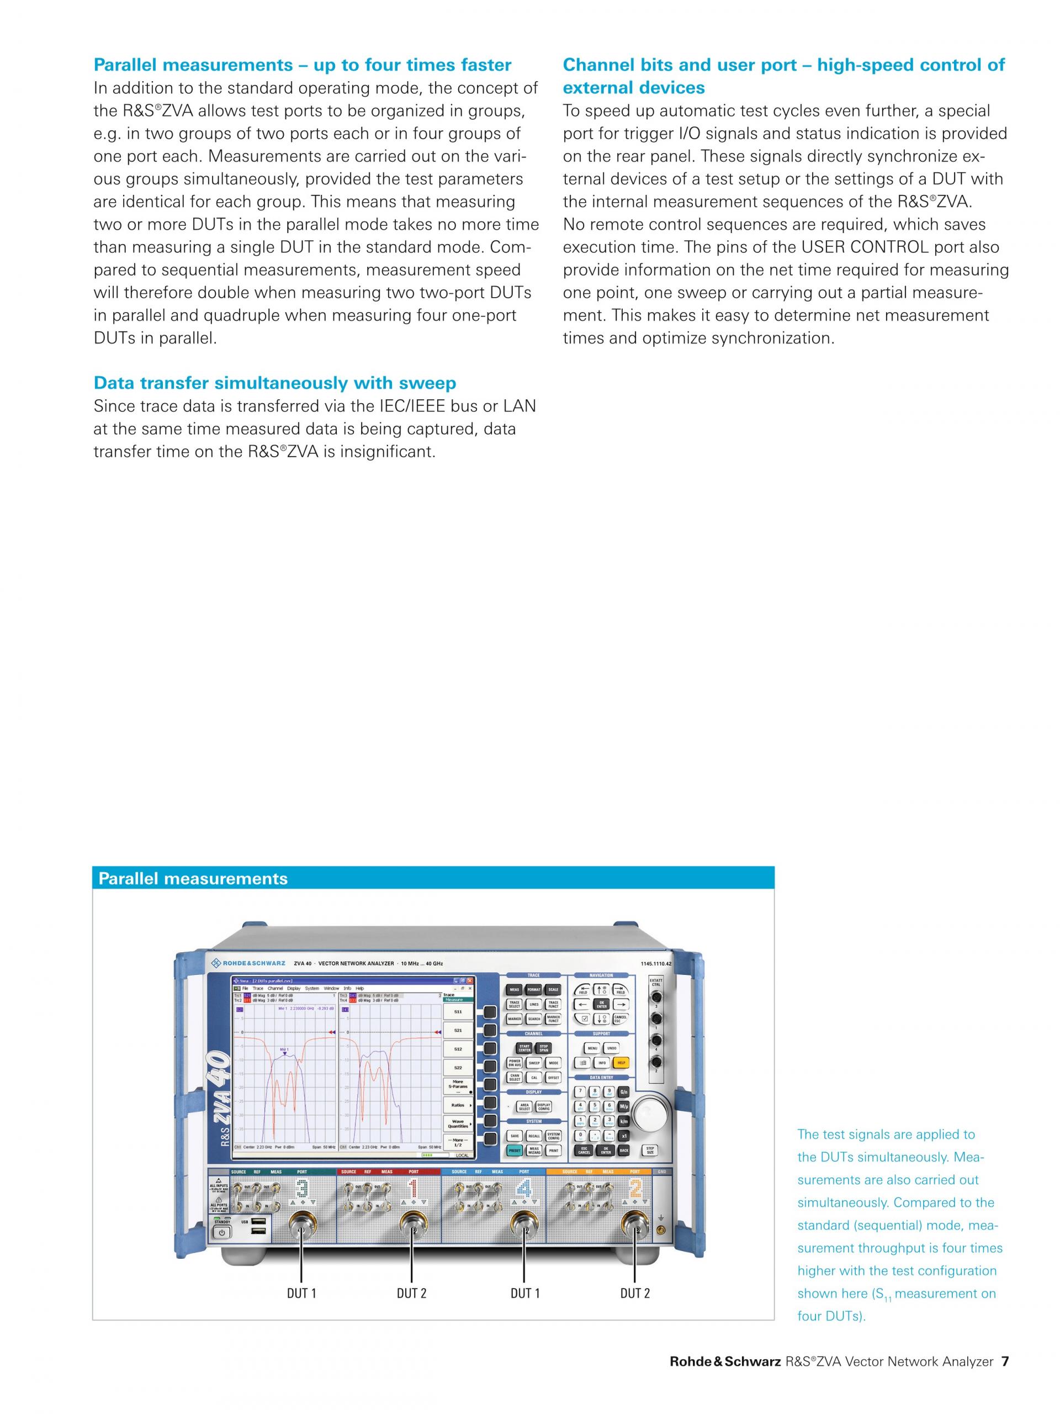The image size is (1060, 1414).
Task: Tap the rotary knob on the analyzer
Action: [x=650, y=1121]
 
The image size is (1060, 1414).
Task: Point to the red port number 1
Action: [x=413, y=1190]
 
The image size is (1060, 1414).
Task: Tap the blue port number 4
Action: [x=524, y=1190]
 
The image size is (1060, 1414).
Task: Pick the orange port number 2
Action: [x=635, y=1190]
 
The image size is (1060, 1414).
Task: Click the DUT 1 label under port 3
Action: [x=301, y=1293]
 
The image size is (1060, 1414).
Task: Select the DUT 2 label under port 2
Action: [x=634, y=1293]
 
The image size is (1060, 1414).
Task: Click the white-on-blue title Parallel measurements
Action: [x=193, y=878]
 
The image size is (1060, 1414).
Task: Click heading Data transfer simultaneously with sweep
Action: [x=275, y=383]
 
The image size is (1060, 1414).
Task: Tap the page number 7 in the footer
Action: [x=1005, y=1379]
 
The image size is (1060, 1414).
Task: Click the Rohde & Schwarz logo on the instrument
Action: [x=248, y=963]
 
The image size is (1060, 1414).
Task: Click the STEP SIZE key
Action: [x=650, y=1151]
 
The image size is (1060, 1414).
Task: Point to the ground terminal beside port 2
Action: [x=660, y=1231]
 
